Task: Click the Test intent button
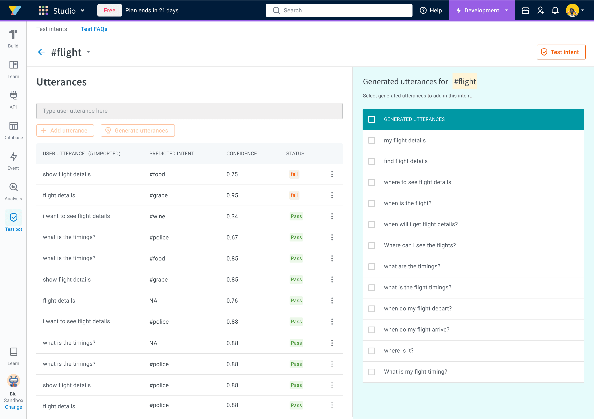tap(561, 52)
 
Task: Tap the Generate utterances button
tap(138, 130)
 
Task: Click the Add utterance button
tap(65, 130)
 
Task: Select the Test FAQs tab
tap(94, 29)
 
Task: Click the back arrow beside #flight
tap(41, 52)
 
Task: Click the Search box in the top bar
tap(339, 10)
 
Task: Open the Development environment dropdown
tap(482, 10)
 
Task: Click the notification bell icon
tap(555, 10)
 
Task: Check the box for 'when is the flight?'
tap(371, 204)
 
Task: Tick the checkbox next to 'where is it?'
tap(371, 351)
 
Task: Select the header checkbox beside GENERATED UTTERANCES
tap(371, 119)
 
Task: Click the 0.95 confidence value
tap(232, 195)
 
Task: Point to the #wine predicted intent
tap(157, 217)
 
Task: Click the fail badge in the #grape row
tap(294, 195)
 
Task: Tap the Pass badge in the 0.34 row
tap(296, 216)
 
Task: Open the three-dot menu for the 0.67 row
tap(332, 238)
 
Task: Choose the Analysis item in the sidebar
tap(13, 192)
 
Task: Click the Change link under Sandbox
tap(13, 407)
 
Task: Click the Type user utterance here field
tap(189, 111)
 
